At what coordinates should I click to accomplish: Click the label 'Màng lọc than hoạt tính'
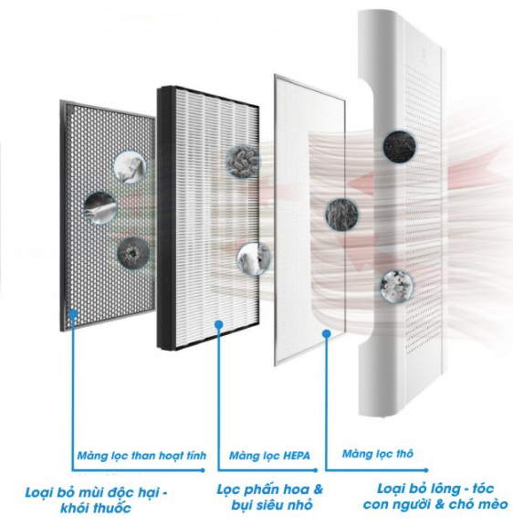(141, 456)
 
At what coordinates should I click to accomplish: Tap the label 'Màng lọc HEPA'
(269, 456)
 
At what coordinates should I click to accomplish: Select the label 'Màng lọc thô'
(378, 454)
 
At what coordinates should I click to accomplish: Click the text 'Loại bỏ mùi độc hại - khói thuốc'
(96, 500)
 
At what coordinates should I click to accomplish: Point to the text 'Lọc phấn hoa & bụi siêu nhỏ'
(270, 497)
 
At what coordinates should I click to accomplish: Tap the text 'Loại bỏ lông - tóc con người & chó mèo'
(435, 497)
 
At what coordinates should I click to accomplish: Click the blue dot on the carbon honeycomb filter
(73, 313)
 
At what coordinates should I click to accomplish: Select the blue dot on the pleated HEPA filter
(218, 324)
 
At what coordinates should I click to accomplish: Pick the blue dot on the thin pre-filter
(327, 333)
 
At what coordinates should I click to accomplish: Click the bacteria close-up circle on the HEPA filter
(243, 162)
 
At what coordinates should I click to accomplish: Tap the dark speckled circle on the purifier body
(399, 146)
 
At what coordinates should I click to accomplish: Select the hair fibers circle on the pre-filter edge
(341, 215)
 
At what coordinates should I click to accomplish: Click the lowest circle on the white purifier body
(397, 287)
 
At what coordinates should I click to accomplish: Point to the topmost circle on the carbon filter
(131, 167)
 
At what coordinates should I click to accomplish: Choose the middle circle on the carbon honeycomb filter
(99, 207)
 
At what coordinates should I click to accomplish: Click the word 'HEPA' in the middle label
(297, 456)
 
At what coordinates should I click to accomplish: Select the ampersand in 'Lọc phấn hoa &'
(318, 489)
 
